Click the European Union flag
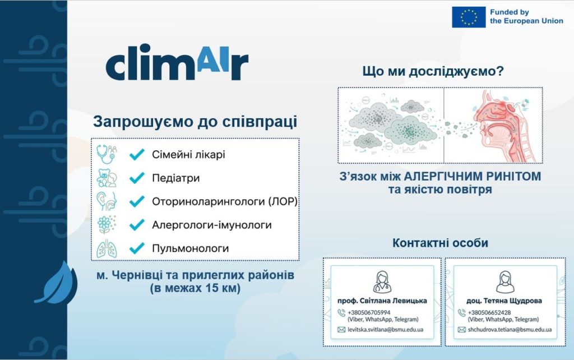pos(469,17)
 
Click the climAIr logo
pos(177,62)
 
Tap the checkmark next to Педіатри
pos(137,178)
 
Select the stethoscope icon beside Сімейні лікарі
pos(107,154)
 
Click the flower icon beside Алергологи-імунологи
pos(107,224)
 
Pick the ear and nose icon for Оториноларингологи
pos(107,201)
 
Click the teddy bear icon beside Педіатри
pos(107,178)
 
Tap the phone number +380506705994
pos(369,312)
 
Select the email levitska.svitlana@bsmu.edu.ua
pos(385,330)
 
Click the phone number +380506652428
pos(489,312)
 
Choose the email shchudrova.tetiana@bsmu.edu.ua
pos(510,330)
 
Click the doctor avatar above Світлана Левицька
pos(382,282)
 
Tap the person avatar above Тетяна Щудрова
pos(505,282)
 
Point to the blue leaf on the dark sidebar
pos(57,283)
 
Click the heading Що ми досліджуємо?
pos(433,71)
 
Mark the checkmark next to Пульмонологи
pos(137,248)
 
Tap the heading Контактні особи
pos(440,242)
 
